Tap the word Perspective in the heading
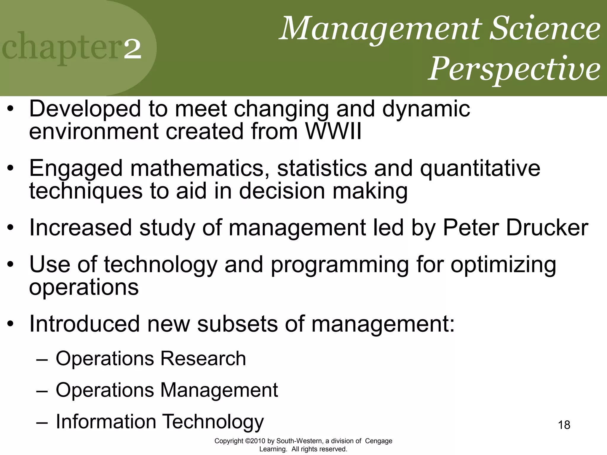pos(514,69)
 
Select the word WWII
pos(333,131)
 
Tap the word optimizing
pos(503,265)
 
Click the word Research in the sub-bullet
pos(203,358)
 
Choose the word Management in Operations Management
pos(219,390)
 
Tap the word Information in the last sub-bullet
pos(106,421)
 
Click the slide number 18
pos(564,425)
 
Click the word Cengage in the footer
pos(378,441)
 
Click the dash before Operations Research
pos(42,359)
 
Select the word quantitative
pos(480,168)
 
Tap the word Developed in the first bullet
pos(85,109)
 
